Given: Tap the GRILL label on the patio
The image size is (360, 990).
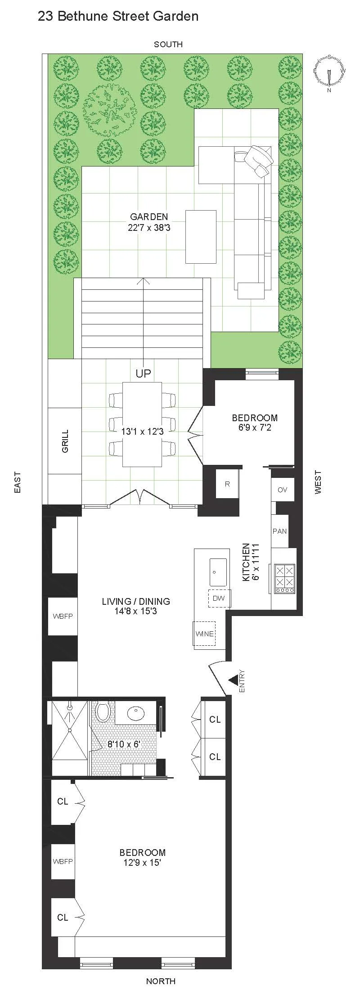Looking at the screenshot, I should click(x=65, y=441).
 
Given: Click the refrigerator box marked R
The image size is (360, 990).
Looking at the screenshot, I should click(x=227, y=484).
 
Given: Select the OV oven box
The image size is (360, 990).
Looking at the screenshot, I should click(x=282, y=490).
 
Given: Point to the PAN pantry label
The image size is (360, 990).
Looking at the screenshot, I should click(x=279, y=531).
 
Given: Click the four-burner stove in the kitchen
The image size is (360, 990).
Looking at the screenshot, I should click(x=284, y=578).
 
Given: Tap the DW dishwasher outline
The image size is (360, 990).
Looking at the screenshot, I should click(x=219, y=598).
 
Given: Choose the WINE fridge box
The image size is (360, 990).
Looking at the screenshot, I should click(x=204, y=634).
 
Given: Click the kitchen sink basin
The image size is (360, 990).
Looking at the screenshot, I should click(x=218, y=572).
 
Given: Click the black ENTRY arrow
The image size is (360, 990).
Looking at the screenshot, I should click(x=233, y=680).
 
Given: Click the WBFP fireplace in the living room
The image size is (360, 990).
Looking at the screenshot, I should click(x=62, y=616).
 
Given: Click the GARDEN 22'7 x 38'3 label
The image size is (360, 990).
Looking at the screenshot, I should click(x=149, y=222).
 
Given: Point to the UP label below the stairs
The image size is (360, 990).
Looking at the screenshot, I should click(x=144, y=373).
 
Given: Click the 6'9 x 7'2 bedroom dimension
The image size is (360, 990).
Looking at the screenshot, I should click(x=255, y=427).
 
